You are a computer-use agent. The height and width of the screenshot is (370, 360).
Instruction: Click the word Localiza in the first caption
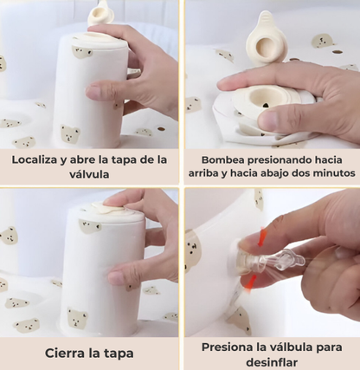[35, 160]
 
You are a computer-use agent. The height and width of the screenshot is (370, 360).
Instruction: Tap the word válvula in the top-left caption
[89, 175]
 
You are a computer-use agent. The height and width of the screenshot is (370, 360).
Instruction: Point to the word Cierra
[62, 354]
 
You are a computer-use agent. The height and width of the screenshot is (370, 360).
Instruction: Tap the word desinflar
[272, 362]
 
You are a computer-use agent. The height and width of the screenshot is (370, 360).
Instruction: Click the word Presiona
[223, 347]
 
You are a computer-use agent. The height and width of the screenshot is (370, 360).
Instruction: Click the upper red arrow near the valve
[262, 237]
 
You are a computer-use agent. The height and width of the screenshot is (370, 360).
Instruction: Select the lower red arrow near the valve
[248, 282]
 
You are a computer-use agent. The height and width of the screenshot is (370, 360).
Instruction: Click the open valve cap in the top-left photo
[102, 12]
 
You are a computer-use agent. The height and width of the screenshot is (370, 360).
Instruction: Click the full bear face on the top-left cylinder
[70, 134]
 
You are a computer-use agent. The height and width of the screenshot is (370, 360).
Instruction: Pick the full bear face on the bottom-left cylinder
[77, 318]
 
